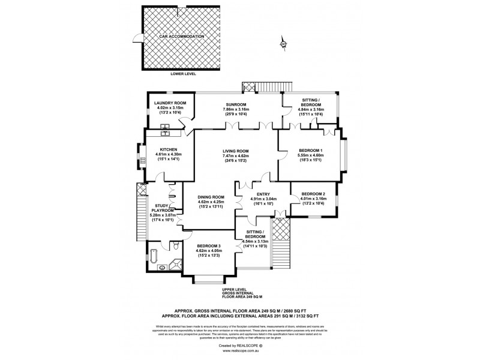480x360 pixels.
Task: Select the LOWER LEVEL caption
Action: [183, 74]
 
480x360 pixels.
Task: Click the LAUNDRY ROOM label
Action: [170, 103]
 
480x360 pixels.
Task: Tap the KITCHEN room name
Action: [168, 149]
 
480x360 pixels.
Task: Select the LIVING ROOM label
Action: [236, 151]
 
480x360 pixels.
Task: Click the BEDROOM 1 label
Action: [310, 150]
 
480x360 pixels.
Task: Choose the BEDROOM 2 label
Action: [313, 193]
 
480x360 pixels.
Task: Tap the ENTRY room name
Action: [263, 194]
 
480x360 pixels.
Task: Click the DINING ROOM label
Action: [211, 197]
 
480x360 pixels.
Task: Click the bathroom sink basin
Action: [162, 268]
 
